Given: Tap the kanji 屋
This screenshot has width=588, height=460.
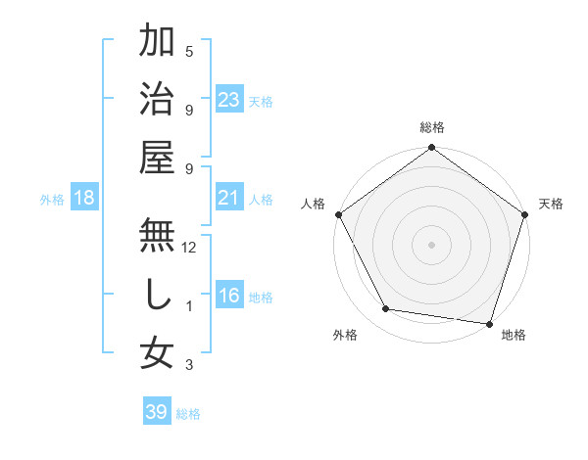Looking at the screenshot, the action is click(x=157, y=157).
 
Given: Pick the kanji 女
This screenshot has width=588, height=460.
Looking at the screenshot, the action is click(x=157, y=352).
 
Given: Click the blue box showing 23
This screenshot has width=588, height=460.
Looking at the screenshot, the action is click(x=229, y=100).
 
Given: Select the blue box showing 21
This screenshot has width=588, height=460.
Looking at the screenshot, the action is click(x=229, y=199).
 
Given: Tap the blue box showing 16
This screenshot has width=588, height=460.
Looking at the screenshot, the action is click(x=229, y=297).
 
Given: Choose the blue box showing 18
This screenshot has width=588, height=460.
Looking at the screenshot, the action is click(x=84, y=199).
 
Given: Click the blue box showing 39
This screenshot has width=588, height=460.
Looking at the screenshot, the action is click(x=156, y=412).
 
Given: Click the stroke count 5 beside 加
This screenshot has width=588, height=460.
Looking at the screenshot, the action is click(x=189, y=52).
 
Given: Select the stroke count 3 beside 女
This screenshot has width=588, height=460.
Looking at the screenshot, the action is click(x=189, y=366).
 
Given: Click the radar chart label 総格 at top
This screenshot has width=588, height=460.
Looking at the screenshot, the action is click(x=431, y=127).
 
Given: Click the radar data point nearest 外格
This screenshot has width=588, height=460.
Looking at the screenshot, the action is click(x=386, y=309).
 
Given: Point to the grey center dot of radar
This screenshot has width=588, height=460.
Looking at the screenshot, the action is click(x=431, y=244).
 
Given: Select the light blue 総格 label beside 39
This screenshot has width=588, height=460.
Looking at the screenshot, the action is click(x=189, y=414).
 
